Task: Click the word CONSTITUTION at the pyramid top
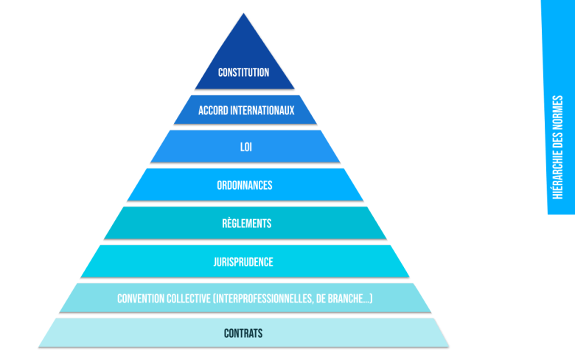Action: [x=243, y=72]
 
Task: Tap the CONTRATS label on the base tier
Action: [x=243, y=333]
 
